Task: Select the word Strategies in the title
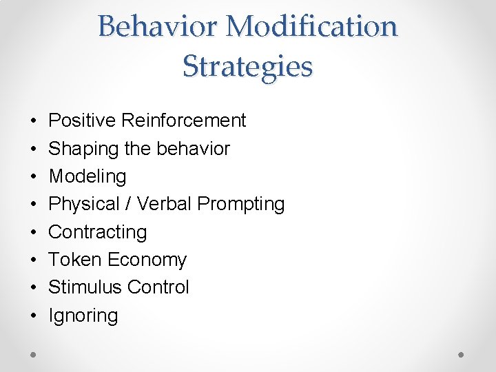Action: click(247, 66)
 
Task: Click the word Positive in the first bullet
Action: click(82, 121)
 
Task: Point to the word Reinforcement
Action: click(183, 121)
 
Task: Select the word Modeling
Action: click(87, 176)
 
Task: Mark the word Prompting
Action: click(240, 204)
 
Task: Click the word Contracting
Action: click(97, 232)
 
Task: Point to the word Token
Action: click(74, 260)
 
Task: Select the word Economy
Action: click(147, 260)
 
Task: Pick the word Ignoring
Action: click(83, 316)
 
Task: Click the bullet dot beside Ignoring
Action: click(34, 316)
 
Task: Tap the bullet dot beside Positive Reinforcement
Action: click(34, 121)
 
